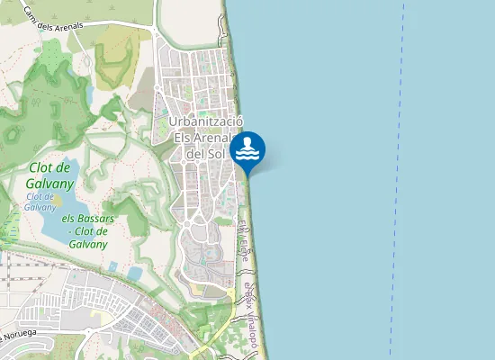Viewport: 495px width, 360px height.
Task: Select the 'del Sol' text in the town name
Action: [205, 154]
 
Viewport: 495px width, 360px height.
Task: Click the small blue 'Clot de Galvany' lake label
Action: [40, 201]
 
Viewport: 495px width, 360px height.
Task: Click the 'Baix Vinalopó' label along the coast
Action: [253, 310]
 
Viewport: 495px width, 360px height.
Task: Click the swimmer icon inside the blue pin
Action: [247, 148]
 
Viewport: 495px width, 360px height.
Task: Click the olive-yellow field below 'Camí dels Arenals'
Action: [113, 58]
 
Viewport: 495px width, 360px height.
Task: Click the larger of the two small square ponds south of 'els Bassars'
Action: [135, 273]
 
